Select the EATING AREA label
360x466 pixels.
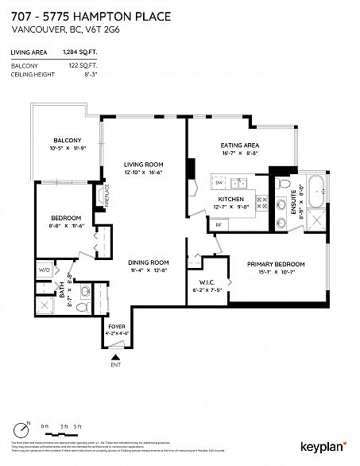tap(240, 146)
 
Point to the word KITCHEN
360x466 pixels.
tap(230, 200)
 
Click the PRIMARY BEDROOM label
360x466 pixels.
tap(276, 264)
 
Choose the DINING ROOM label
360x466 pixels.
tap(149, 262)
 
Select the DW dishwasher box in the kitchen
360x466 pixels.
tap(219, 182)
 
